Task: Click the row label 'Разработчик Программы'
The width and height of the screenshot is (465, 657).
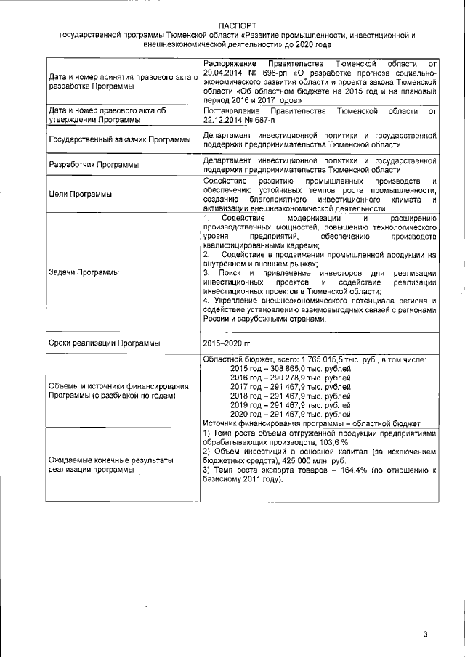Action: [93, 165]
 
